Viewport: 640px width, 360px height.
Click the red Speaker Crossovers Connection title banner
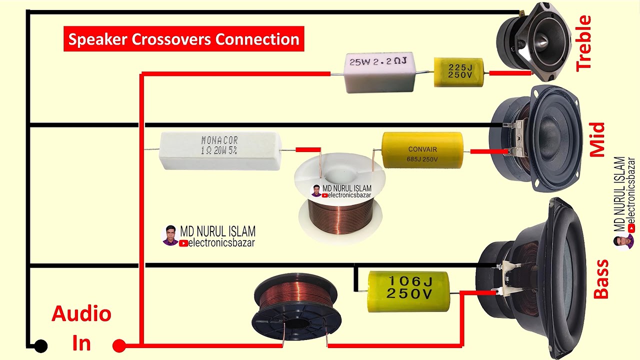(x=183, y=39)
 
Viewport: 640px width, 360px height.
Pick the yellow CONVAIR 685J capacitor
(x=422, y=149)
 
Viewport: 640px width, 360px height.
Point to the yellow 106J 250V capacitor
(x=408, y=291)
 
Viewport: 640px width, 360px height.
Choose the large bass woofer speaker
(x=535, y=277)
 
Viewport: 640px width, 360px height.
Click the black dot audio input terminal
(x=40, y=345)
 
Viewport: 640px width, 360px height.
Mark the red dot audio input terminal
(x=119, y=345)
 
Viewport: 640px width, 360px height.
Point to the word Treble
(x=583, y=43)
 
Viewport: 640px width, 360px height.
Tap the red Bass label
(x=600, y=279)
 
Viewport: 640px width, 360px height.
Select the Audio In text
(x=81, y=328)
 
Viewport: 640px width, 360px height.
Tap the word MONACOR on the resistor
(x=219, y=140)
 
